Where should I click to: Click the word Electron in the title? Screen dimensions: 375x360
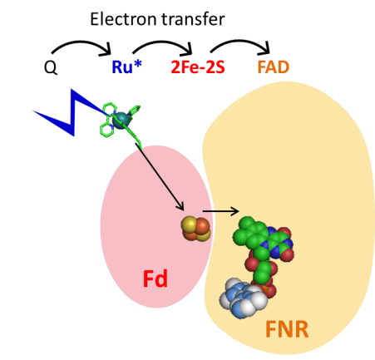125,19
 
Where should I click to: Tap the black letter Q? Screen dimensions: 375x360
51,67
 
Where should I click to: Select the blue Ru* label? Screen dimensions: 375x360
126,67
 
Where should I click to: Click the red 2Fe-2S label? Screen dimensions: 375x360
198,67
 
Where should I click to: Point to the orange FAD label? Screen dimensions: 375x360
274,67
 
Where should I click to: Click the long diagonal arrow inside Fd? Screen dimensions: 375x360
160,176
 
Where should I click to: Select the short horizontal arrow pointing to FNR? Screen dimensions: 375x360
220,211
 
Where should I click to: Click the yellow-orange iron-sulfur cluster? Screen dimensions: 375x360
195,229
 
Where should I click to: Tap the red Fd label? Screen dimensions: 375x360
155,279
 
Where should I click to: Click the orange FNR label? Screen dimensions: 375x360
287,329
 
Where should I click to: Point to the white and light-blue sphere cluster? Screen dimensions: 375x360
243,298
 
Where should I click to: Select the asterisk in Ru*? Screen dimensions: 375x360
137,63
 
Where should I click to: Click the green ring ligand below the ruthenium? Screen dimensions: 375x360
106,130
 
